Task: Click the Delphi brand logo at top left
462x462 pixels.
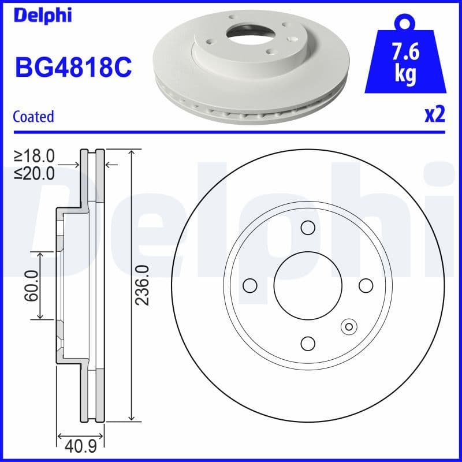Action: tap(43, 16)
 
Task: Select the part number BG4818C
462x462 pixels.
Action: tap(73, 68)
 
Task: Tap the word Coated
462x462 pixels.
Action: tap(33, 116)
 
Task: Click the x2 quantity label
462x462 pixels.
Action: tap(434, 115)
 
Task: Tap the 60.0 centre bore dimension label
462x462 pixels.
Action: tap(31, 285)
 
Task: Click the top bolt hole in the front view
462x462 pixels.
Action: tap(308, 228)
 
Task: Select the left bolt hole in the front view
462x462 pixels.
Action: tap(250, 285)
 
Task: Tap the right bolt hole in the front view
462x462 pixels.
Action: tap(366, 285)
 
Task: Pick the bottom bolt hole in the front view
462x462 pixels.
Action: tap(308, 344)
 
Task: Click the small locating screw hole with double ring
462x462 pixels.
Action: tap(348, 327)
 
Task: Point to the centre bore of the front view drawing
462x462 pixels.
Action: tap(308, 285)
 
